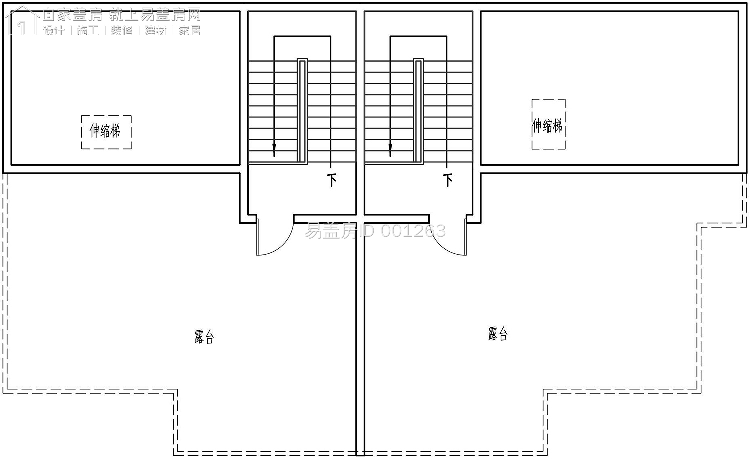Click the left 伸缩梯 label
tap(105, 131)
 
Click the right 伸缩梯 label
tap(547, 126)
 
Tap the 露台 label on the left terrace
tap(204, 337)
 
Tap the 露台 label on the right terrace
tap(498, 334)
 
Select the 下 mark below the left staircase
tap(332, 180)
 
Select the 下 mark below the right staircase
tap(448, 180)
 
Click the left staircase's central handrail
tap(302, 111)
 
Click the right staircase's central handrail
tap(418, 111)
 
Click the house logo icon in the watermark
tap(22, 21)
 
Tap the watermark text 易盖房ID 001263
tap(375, 231)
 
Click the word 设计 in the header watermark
tap(54, 31)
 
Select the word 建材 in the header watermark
tap(155, 31)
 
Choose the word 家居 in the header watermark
tap(189, 31)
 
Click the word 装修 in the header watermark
tap(121, 31)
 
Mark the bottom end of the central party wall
tap(360, 455)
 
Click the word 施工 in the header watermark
tap(87, 31)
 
